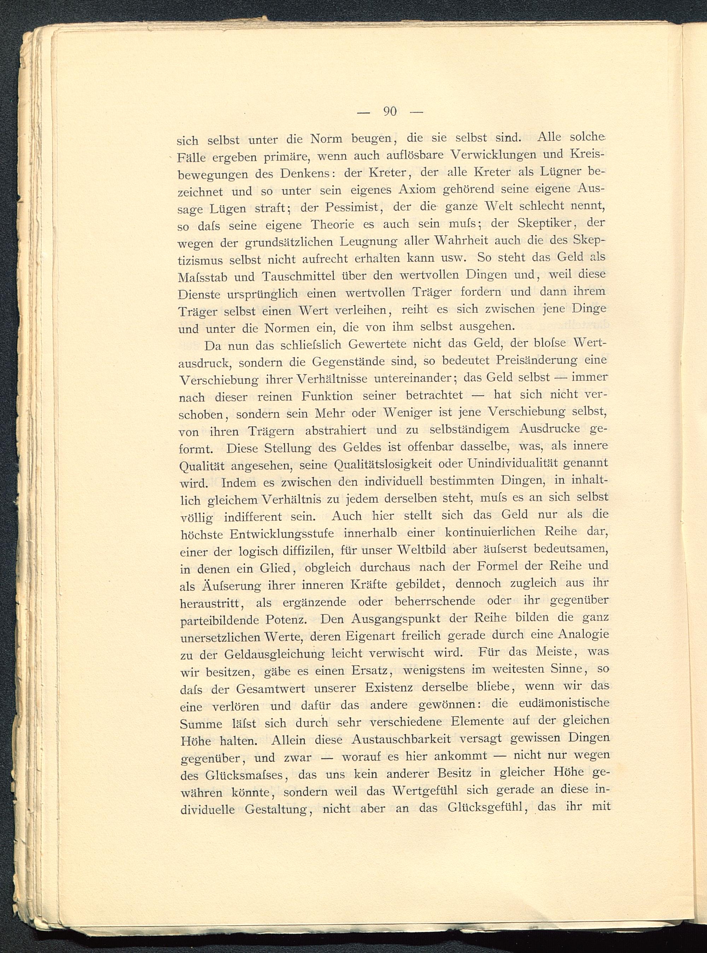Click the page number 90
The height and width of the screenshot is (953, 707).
point(390,112)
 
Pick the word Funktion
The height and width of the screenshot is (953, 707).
point(327,396)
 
